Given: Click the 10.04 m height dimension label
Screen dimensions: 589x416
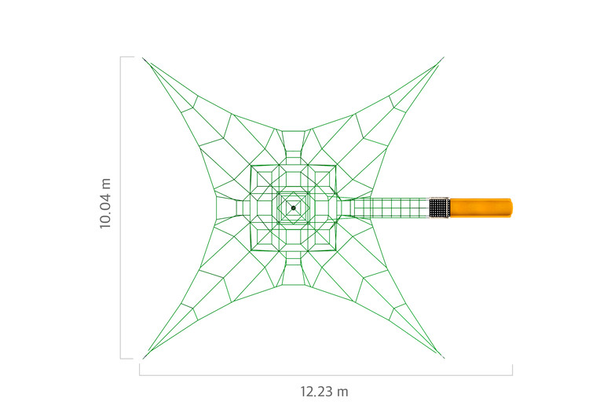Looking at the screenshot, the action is (105, 204).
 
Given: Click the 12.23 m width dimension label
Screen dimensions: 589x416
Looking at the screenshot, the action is (324, 392).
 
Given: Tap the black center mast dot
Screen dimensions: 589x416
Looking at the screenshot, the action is (294, 208).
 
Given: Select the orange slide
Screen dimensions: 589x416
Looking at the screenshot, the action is (481, 208).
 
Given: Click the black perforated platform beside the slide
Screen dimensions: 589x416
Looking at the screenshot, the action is (440, 208).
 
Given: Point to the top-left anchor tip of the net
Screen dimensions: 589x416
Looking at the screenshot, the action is (143, 58).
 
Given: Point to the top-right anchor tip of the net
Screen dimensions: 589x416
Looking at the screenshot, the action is (444, 57).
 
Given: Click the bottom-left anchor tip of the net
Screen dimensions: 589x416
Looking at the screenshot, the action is (143, 359).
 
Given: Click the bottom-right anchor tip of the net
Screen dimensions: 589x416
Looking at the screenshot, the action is (444, 358).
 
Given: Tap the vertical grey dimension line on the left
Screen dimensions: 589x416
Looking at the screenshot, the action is (121, 208).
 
